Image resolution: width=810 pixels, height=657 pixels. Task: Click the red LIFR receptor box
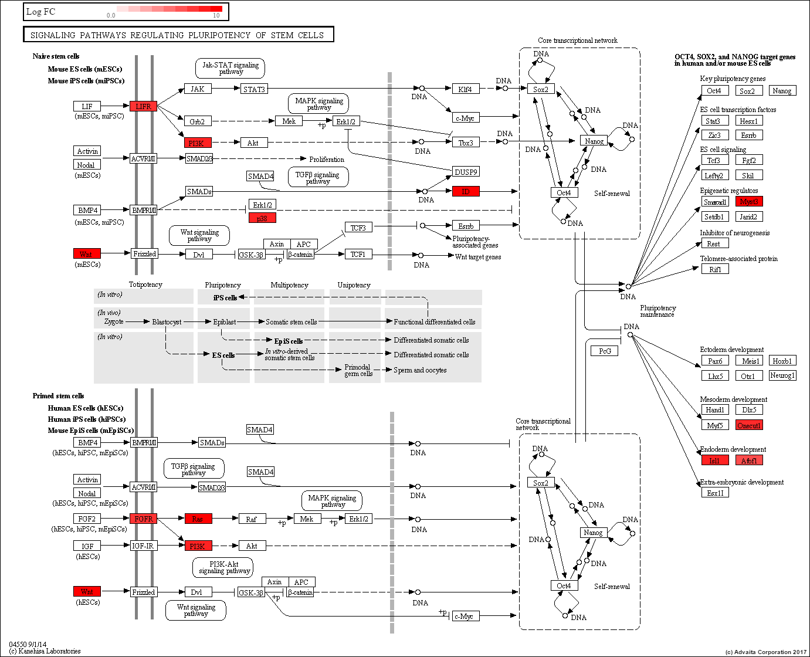[144, 106]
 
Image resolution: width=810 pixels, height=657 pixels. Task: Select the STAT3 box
[254, 89]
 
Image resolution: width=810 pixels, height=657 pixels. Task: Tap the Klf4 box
[466, 89]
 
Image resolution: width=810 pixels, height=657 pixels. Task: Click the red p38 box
[262, 218]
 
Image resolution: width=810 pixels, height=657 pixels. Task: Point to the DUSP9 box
[466, 172]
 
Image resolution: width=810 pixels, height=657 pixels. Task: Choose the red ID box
[466, 191]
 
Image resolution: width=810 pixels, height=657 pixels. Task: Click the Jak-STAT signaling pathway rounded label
[230, 68]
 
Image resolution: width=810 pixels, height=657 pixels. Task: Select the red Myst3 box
[749, 202]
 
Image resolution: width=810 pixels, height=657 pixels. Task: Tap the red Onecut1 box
[749, 425]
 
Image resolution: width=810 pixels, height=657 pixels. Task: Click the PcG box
[605, 351]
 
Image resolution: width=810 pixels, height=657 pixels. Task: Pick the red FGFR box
[144, 519]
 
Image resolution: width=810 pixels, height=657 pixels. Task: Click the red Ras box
[198, 519]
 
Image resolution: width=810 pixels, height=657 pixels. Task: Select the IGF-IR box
[143, 546]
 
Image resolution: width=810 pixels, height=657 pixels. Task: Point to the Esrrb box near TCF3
[466, 226]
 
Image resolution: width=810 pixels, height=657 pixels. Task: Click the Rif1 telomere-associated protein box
[715, 269]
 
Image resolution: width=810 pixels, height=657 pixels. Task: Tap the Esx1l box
[715, 493]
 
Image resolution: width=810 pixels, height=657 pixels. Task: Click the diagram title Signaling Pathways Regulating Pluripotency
[178, 35]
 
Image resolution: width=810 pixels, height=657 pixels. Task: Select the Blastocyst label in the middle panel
[167, 321]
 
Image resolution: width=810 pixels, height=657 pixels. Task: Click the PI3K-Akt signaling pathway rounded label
[223, 567]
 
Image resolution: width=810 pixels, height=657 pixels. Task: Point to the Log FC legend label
[40, 12]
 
